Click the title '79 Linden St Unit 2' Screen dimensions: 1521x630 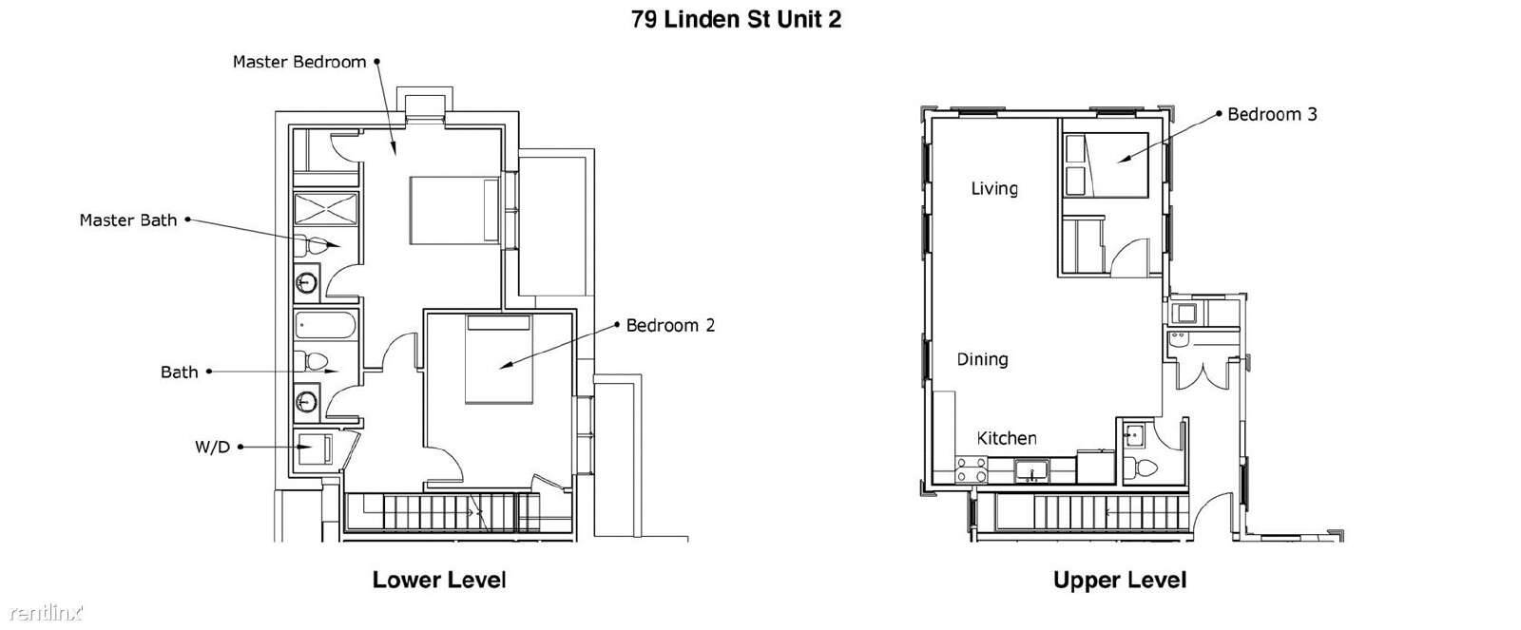point(736,19)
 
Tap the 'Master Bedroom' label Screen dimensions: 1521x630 point(299,62)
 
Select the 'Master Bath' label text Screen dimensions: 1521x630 point(128,220)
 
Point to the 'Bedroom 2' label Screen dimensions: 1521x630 point(670,325)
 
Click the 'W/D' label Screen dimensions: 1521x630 point(212,447)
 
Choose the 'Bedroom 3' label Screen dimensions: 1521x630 point(1272,114)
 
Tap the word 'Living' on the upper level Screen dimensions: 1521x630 point(994,189)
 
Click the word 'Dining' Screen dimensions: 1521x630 point(982,359)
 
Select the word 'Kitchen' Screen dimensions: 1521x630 point(1007,439)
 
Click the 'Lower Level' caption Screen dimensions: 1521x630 point(439,580)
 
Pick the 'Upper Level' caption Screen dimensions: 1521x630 point(1120,580)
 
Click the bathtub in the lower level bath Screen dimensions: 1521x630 point(325,325)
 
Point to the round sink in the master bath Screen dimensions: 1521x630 point(307,282)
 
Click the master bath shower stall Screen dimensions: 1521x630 point(326,209)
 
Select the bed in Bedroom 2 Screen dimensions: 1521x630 point(498,359)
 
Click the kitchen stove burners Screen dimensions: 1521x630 point(971,469)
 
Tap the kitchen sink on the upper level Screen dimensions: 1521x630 point(1031,470)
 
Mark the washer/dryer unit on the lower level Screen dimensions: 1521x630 point(316,449)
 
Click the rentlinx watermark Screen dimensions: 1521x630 point(47,612)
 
